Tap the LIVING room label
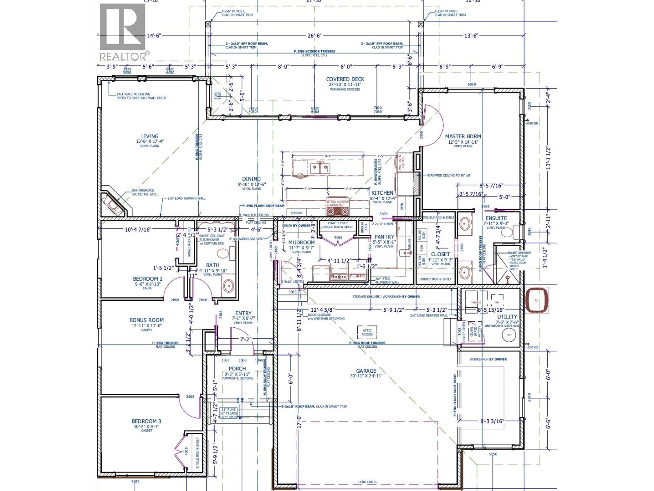150,137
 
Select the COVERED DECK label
345,79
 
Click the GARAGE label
366,371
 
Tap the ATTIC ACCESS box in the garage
367,332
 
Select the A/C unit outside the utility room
537,301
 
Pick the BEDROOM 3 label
146,421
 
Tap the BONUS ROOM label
146,320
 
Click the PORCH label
237,369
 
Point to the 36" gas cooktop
338,211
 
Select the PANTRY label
384,237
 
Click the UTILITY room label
507,317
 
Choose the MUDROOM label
301,243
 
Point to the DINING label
251,179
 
